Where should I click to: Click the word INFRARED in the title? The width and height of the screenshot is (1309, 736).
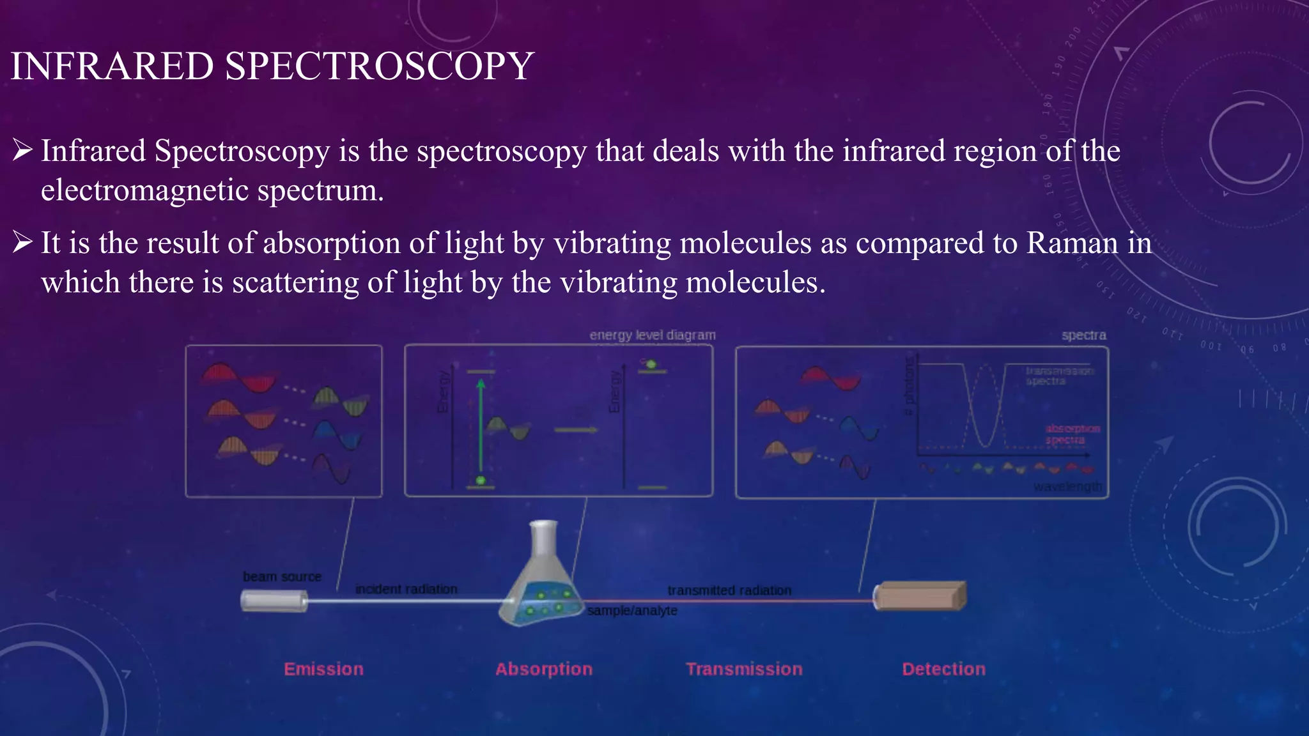112,66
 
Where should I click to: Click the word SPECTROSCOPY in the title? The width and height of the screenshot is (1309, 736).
379,66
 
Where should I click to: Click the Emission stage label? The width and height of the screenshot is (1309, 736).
323,669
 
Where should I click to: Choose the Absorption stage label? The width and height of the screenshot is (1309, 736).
544,669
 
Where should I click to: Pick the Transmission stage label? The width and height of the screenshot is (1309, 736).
744,669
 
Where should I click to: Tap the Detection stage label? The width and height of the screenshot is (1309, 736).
943,669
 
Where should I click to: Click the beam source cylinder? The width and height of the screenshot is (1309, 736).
274,601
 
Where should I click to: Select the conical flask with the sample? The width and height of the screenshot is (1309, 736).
540,581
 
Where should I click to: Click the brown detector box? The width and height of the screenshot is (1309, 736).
920,596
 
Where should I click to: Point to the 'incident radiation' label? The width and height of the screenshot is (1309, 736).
407,589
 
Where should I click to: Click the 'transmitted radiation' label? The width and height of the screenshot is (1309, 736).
729,590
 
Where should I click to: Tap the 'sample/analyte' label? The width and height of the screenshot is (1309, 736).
632,611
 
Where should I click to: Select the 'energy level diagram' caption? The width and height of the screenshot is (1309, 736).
652,335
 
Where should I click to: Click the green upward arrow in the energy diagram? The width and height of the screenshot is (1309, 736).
481,428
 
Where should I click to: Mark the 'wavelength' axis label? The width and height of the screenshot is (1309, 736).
1067,487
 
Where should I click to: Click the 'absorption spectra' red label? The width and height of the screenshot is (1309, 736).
1073,434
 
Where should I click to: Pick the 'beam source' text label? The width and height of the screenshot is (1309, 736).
282,576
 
